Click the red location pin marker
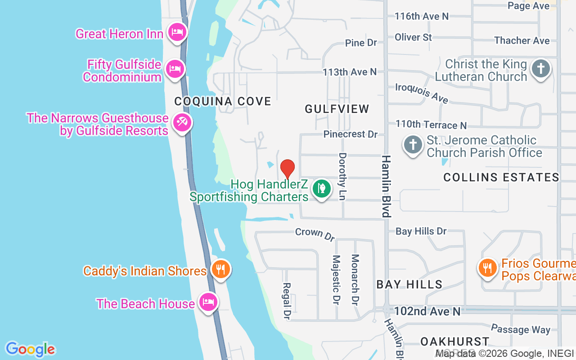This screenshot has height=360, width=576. pyautogui.click(x=288, y=168)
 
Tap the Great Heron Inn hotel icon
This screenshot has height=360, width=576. pyautogui.click(x=177, y=32)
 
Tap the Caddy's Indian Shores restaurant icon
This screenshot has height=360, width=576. pyautogui.click(x=220, y=269)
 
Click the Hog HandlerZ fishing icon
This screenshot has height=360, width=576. pyautogui.click(x=321, y=188)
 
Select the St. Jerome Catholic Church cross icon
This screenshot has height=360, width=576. pyautogui.click(x=413, y=145)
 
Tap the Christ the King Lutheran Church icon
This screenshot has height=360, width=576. pyautogui.click(x=540, y=69)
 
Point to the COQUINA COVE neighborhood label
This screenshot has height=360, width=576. pyautogui.click(x=223, y=101)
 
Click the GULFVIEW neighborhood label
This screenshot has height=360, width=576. pyautogui.click(x=337, y=109)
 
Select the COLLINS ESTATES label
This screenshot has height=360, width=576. pyautogui.click(x=501, y=177)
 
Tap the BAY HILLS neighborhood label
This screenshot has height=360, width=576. pyautogui.click(x=409, y=284)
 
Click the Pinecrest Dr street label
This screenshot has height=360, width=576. pyautogui.click(x=351, y=134)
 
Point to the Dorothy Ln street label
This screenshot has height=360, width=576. pyautogui.click(x=343, y=176)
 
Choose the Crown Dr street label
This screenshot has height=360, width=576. pyautogui.click(x=315, y=233)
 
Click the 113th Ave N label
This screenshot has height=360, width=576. pyautogui.click(x=350, y=72)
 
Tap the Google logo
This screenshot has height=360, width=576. pyautogui.click(x=30, y=349)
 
